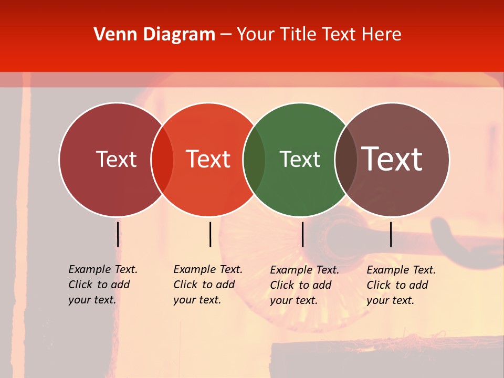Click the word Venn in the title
pos(113,34)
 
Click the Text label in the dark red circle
pos(116,159)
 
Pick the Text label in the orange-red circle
pos(208,159)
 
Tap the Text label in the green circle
pos(300,159)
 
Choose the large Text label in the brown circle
pos(392,159)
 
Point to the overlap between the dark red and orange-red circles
pos(162,160)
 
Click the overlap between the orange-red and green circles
pos(254,160)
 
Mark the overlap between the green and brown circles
pos(346,160)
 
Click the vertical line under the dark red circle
pos(118,234)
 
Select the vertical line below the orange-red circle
pos(210,234)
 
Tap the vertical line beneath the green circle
pos(302,234)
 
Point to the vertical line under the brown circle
pos(391,234)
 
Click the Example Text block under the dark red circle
pos(102,285)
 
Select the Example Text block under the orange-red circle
pos(207,285)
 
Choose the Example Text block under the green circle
pos(304,285)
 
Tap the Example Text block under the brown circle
pos(401,285)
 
